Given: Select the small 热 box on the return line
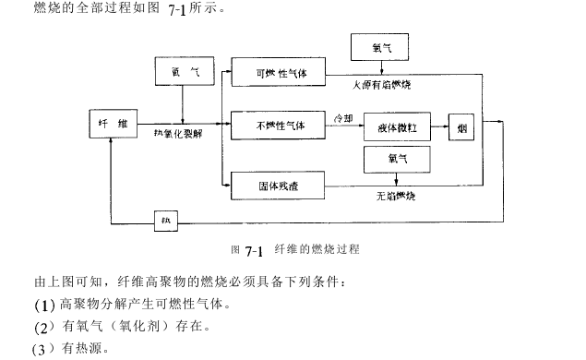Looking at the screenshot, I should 167,221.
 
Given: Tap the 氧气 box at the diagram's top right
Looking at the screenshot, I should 380,46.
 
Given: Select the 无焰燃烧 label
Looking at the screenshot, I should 399,197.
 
